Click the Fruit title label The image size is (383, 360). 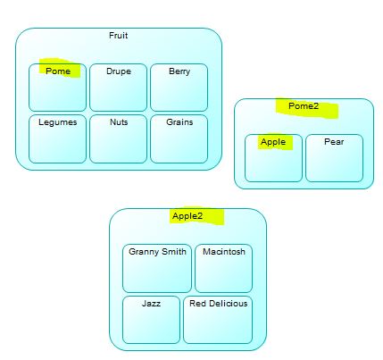(x=119, y=36)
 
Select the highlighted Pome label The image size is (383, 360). (x=58, y=71)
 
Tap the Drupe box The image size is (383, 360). (x=119, y=88)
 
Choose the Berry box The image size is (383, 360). (x=179, y=88)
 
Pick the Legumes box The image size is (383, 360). (x=57, y=139)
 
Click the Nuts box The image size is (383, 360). (x=119, y=139)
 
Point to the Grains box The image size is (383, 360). (x=179, y=139)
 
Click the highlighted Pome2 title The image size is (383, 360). (x=304, y=106)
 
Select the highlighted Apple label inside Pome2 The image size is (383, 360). (x=273, y=142)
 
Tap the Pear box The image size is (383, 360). (x=335, y=158)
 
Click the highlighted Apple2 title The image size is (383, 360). (x=187, y=216)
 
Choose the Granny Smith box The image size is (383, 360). (x=157, y=269)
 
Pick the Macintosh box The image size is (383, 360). (x=224, y=269)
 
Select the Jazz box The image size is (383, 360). (x=151, y=320)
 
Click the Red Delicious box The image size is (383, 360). (x=218, y=320)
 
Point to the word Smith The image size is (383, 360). (x=174, y=252)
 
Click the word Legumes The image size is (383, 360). (x=58, y=122)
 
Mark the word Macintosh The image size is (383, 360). (x=224, y=252)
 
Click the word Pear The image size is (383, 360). (x=334, y=142)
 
